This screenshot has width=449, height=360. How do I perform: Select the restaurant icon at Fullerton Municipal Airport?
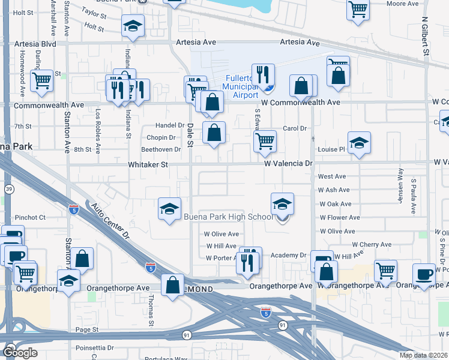(263, 74)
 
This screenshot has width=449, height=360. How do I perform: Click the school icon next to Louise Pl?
(359, 143)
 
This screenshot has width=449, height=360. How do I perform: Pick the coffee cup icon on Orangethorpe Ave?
(424, 274)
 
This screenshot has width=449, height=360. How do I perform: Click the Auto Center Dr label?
(110, 222)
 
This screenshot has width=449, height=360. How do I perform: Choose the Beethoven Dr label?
(161, 149)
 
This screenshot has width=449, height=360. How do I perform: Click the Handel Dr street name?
(170, 125)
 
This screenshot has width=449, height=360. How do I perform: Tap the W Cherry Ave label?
(372, 245)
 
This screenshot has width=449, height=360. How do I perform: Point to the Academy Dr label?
(288, 256)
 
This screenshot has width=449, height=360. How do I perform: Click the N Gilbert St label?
(424, 37)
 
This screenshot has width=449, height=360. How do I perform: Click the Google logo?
(20, 352)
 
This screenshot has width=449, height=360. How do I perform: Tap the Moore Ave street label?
(402, 4)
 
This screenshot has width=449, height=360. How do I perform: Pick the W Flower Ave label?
(340, 218)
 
